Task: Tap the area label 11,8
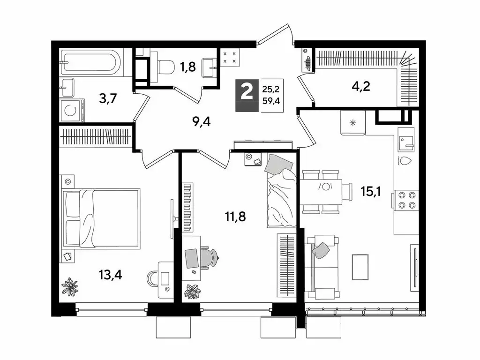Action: coord(235,217)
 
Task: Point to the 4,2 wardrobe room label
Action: coord(361,87)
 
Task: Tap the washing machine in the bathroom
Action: coord(72,111)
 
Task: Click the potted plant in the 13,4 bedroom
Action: coord(71,286)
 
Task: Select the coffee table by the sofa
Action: coord(360,267)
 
